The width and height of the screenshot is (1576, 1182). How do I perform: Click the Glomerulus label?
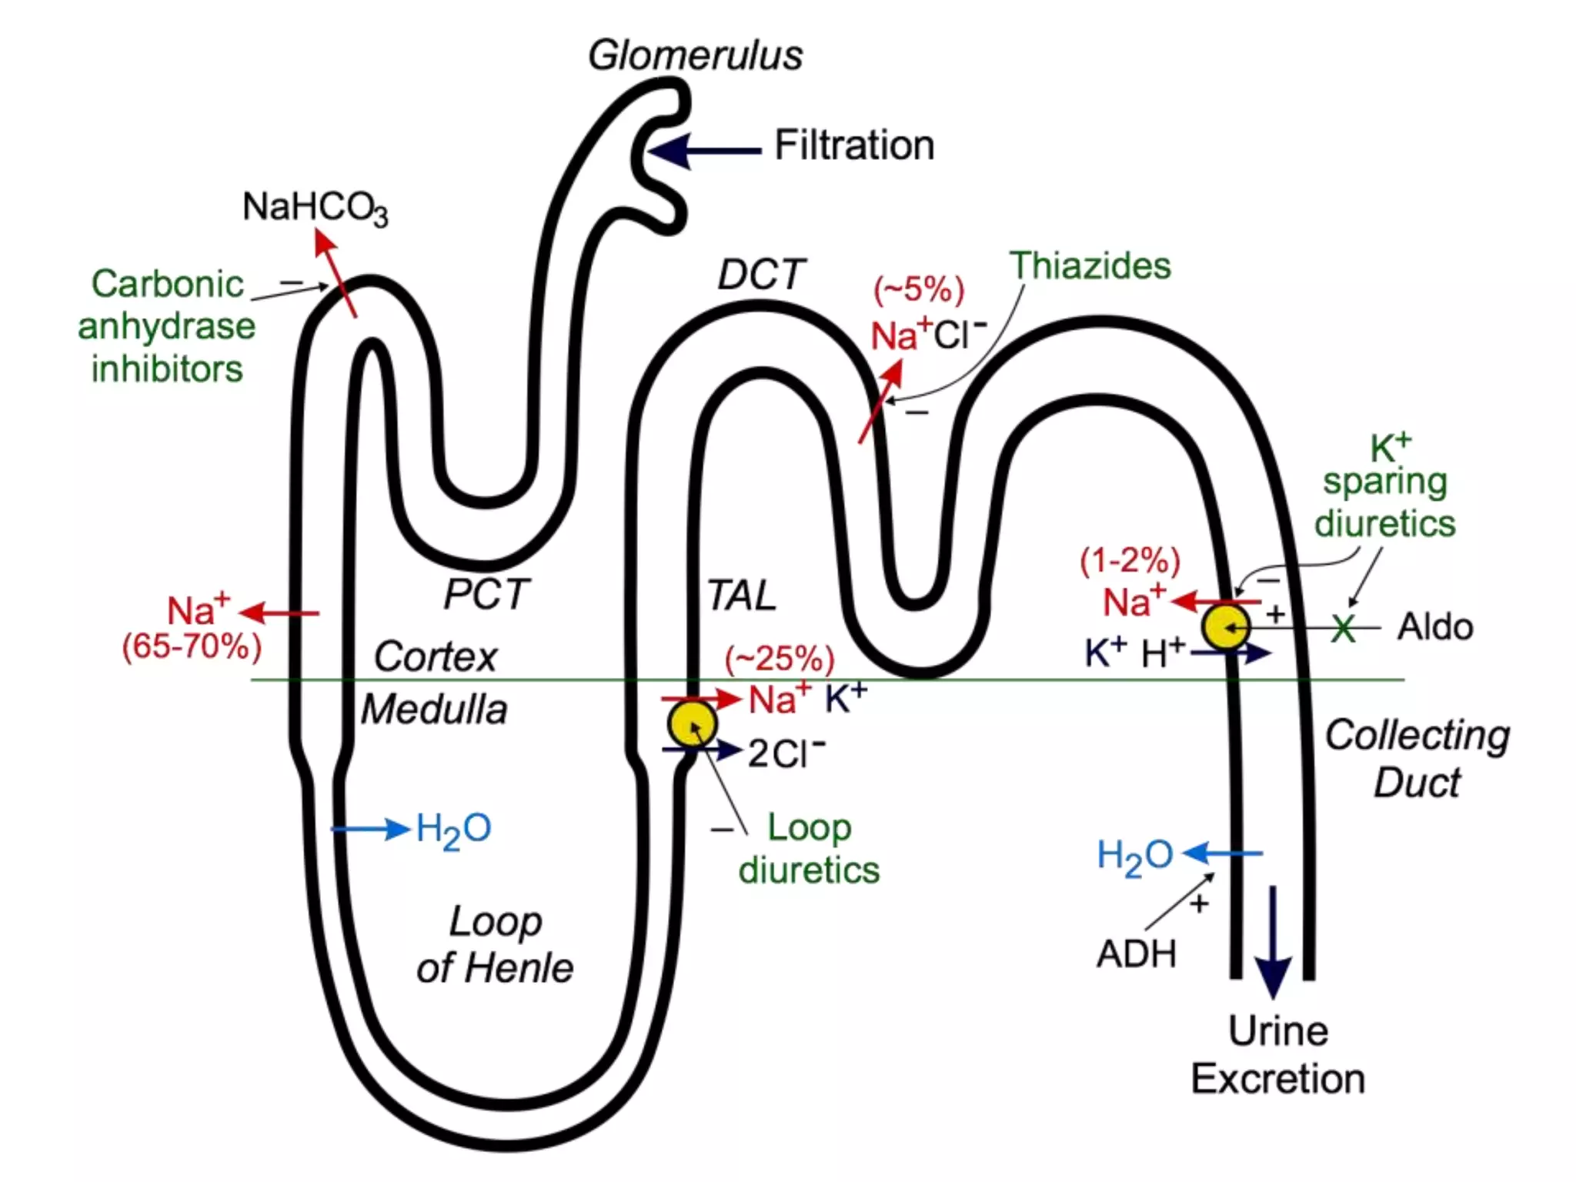click(695, 55)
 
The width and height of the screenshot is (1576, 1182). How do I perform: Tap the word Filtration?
click(854, 145)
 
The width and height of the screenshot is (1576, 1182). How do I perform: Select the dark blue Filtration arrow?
click(704, 151)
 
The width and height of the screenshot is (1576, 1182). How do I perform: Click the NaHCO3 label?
click(315, 208)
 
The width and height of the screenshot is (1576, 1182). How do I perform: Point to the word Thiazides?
click(1090, 266)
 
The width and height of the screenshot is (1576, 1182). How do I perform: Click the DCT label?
click(760, 275)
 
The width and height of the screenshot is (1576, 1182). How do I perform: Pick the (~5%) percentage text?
click(918, 290)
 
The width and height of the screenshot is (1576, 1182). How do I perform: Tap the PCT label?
click(486, 595)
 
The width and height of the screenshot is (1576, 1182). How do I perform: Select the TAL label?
click(741, 596)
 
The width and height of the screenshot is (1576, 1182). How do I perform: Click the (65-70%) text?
click(192, 646)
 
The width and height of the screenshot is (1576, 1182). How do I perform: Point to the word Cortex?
click(435, 657)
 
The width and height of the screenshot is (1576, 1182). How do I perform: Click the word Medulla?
click(434, 710)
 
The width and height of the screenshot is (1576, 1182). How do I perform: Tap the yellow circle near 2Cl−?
click(692, 723)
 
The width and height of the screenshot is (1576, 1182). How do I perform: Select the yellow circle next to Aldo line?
click(1226, 627)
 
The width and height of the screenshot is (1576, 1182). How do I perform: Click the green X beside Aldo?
click(1343, 629)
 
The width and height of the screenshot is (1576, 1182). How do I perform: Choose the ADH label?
click(1137, 955)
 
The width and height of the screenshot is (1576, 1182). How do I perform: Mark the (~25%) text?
click(780, 659)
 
